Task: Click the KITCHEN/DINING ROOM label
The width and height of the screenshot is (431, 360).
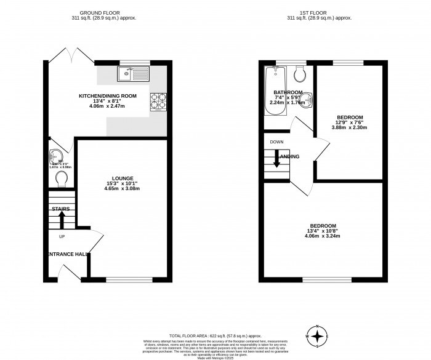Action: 107,96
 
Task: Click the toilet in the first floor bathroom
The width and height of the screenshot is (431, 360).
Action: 300,75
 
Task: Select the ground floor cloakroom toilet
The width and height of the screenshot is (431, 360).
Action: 62,179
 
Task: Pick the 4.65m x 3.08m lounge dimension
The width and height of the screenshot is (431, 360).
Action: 123,188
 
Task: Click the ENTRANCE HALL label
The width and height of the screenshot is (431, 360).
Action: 66,254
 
